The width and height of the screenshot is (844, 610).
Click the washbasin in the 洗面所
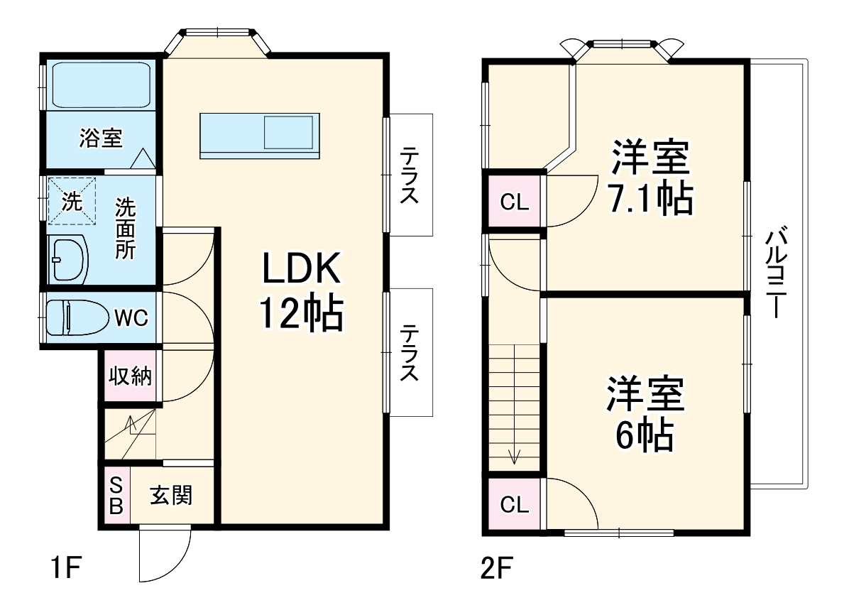pos(67,260)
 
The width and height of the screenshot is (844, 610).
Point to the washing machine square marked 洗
pos(71,201)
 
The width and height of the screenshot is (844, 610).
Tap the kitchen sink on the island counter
pos(288,133)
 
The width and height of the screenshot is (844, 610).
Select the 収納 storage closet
pos(130,376)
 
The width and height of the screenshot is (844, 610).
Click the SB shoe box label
pos(116,496)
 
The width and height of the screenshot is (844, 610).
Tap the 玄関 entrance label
pos(171,495)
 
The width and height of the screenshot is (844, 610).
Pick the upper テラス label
pos(409,175)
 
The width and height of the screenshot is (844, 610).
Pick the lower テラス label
pos(409,352)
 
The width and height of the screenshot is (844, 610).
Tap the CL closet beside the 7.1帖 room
pos(515,202)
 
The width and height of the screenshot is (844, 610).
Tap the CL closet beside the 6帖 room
pos(515,505)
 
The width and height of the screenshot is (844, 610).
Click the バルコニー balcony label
pos(777,272)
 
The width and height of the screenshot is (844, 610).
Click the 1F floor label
pos(67,569)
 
